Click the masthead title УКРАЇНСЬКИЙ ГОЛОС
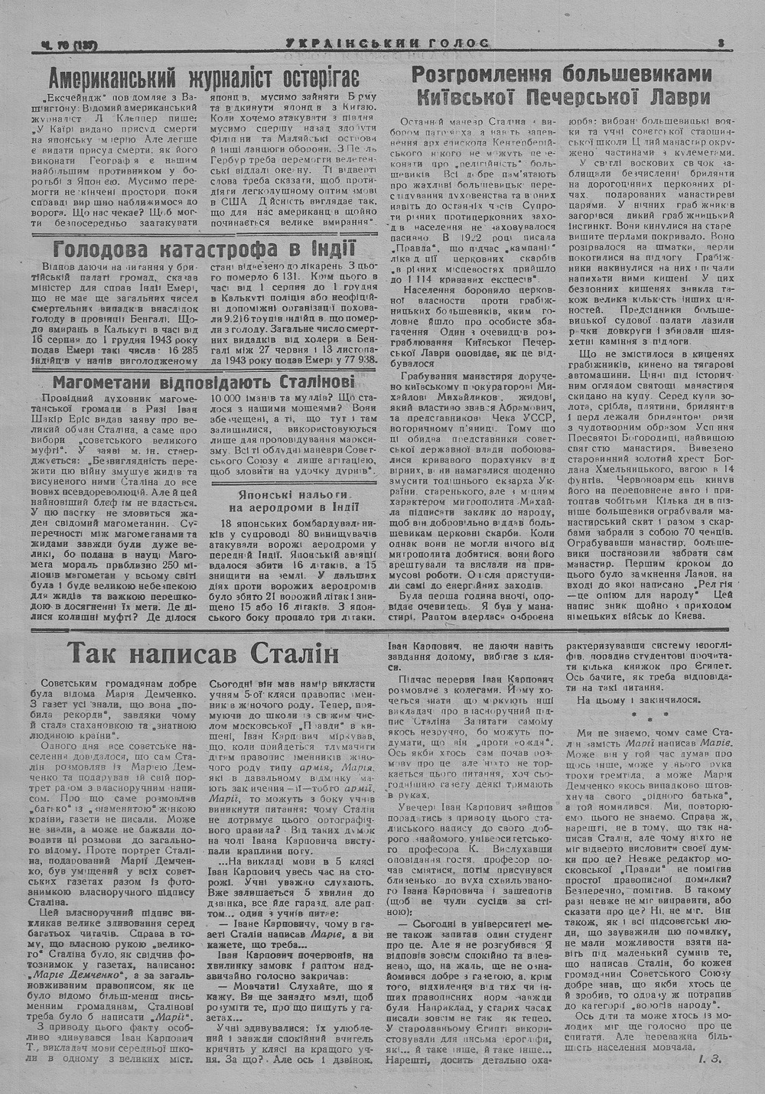[x=386, y=44]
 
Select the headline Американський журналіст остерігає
[x=203, y=79]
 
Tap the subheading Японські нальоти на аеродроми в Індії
[x=288, y=499]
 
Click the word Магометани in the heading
[x=103, y=383]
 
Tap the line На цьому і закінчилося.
[x=638, y=699]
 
